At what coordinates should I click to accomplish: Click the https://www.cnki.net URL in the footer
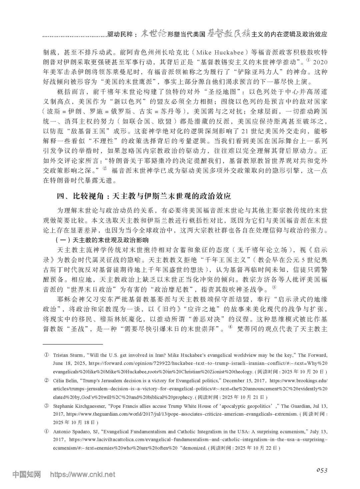click(x=82, y=474)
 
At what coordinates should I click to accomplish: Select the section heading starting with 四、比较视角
click(x=143, y=196)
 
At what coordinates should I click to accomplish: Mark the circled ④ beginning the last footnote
click(x=47, y=431)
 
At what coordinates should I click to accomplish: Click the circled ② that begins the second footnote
click(x=47, y=381)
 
